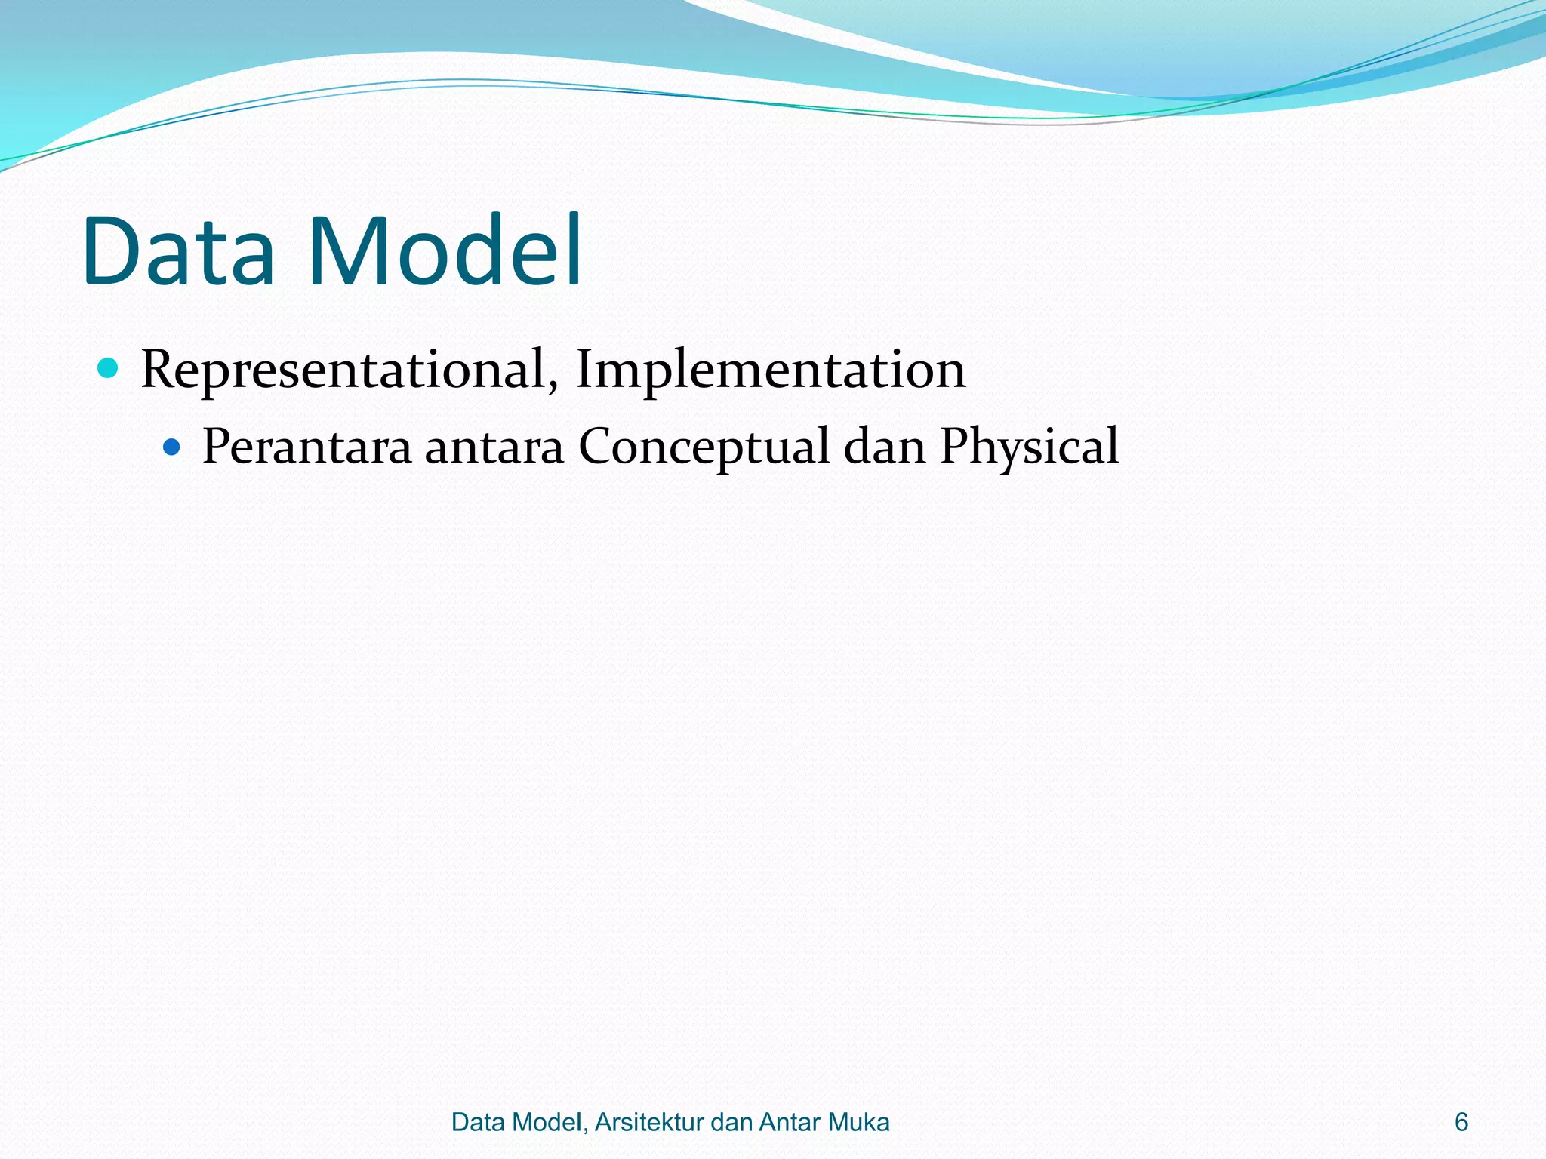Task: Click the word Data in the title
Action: tap(180, 251)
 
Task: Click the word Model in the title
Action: tap(445, 251)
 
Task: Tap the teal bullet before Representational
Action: tap(109, 368)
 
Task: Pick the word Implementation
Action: tap(770, 370)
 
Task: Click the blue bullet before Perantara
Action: tap(172, 447)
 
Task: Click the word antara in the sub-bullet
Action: tap(494, 447)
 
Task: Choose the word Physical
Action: tap(1029, 447)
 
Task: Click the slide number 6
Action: tap(1461, 1122)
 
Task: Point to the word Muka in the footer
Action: tap(859, 1122)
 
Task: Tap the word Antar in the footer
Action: tap(789, 1122)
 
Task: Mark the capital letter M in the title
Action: tap(343, 251)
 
